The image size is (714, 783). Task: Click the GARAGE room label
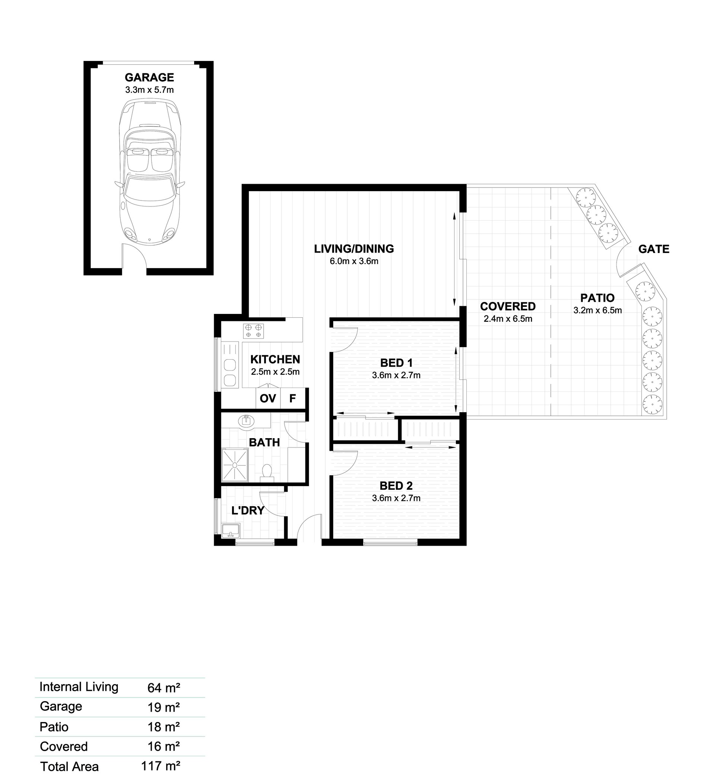[149, 77]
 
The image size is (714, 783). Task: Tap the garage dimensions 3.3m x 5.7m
[149, 90]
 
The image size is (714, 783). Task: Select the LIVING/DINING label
[354, 248]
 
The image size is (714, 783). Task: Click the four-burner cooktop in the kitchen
[253, 331]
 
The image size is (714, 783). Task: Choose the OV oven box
[268, 398]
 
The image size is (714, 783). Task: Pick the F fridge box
[293, 398]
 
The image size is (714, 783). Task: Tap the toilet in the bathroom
[267, 473]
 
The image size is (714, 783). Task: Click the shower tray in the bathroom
[235, 465]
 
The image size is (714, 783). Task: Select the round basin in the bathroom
[246, 421]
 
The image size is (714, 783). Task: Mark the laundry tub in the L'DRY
[231, 530]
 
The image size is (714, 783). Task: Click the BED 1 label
[396, 363]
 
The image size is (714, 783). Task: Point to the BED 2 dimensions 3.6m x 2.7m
[396, 498]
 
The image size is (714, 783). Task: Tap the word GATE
[654, 249]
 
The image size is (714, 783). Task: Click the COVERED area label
[508, 307]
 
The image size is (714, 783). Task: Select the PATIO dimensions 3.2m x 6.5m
[598, 310]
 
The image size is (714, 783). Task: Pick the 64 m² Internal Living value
[164, 687]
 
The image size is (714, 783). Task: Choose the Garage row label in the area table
[61, 706]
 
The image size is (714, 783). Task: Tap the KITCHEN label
[275, 359]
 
